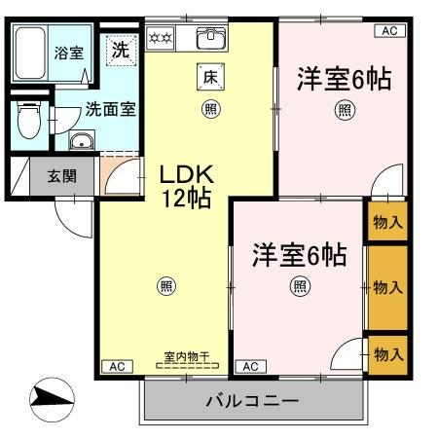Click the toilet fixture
point(28,122)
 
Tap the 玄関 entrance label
point(54,177)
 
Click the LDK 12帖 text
point(186,186)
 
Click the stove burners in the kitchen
point(160,39)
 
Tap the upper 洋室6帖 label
point(344,79)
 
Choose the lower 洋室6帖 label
point(299,254)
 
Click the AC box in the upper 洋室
point(388,31)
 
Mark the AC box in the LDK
point(115,367)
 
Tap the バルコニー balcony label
point(251,401)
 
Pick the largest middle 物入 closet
point(387,287)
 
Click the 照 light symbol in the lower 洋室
point(299,286)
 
